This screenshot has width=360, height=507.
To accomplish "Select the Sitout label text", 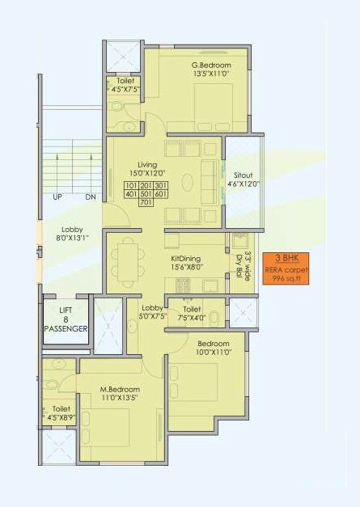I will pos(244,180).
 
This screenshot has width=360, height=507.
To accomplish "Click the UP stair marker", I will pos(57,197).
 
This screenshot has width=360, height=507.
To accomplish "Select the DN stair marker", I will pos(90,197).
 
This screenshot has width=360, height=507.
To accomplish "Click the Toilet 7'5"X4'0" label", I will pos(193,313).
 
